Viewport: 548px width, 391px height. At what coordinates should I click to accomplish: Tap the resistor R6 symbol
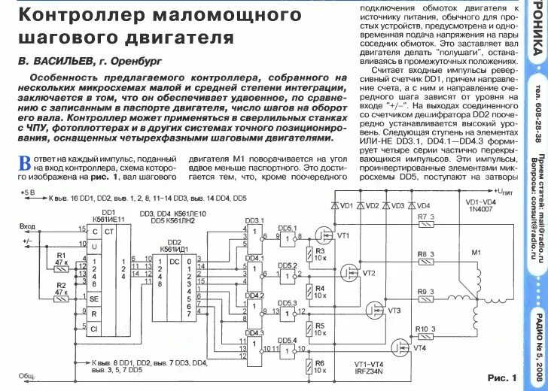(310, 367)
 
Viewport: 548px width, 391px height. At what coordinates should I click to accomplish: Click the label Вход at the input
(27, 226)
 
